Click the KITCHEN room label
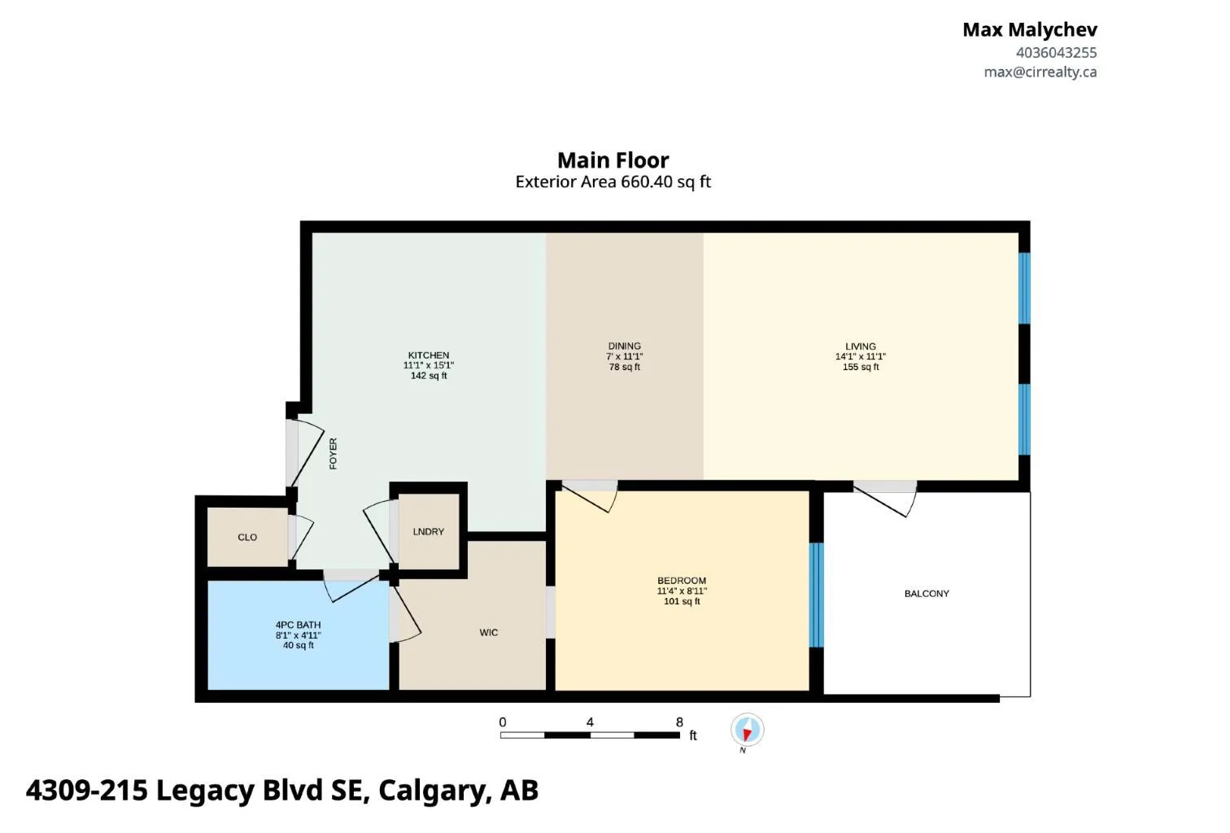(428, 355)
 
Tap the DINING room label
(624, 346)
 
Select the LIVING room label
(861, 347)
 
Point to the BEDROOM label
(682, 580)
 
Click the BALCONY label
(927, 594)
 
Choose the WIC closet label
(488, 633)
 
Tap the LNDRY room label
(428, 531)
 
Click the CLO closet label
(247, 537)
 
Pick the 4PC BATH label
(298, 625)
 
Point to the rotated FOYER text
(333, 454)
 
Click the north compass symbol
(747, 731)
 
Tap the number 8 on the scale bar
(679, 722)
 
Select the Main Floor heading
(613, 160)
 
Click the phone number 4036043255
(1056, 53)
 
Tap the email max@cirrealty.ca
(1040, 72)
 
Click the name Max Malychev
(1030, 29)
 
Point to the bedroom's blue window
(816, 595)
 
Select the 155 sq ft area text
(861, 367)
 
